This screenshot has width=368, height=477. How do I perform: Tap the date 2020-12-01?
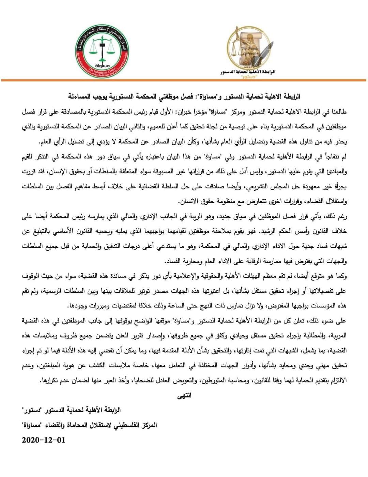43,440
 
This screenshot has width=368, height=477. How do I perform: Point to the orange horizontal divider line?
184,81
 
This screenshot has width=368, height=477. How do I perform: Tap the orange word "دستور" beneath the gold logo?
251,78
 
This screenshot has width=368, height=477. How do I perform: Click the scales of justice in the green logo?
101,48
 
